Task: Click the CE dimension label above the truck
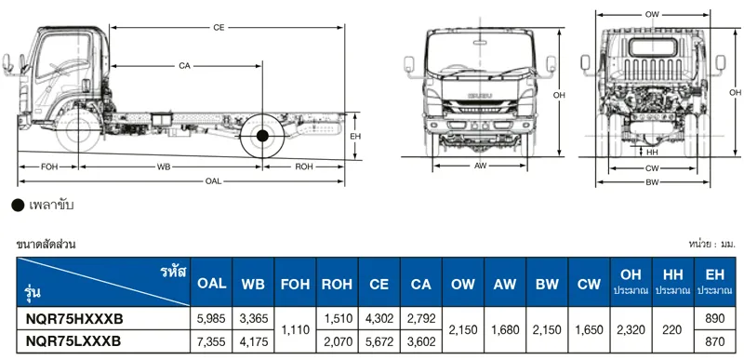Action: [x=219, y=28]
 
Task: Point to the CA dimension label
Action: [x=184, y=66]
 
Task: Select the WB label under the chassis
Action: [x=164, y=167]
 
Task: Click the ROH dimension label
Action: [x=304, y=167]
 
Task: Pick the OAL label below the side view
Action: [x=213, y=181]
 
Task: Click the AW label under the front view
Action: [x=480, y=166]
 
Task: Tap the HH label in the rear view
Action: [x=653, y=153]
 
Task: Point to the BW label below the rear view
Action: [x=653, y=182]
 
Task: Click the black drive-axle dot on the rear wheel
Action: [x=262, y=136]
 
